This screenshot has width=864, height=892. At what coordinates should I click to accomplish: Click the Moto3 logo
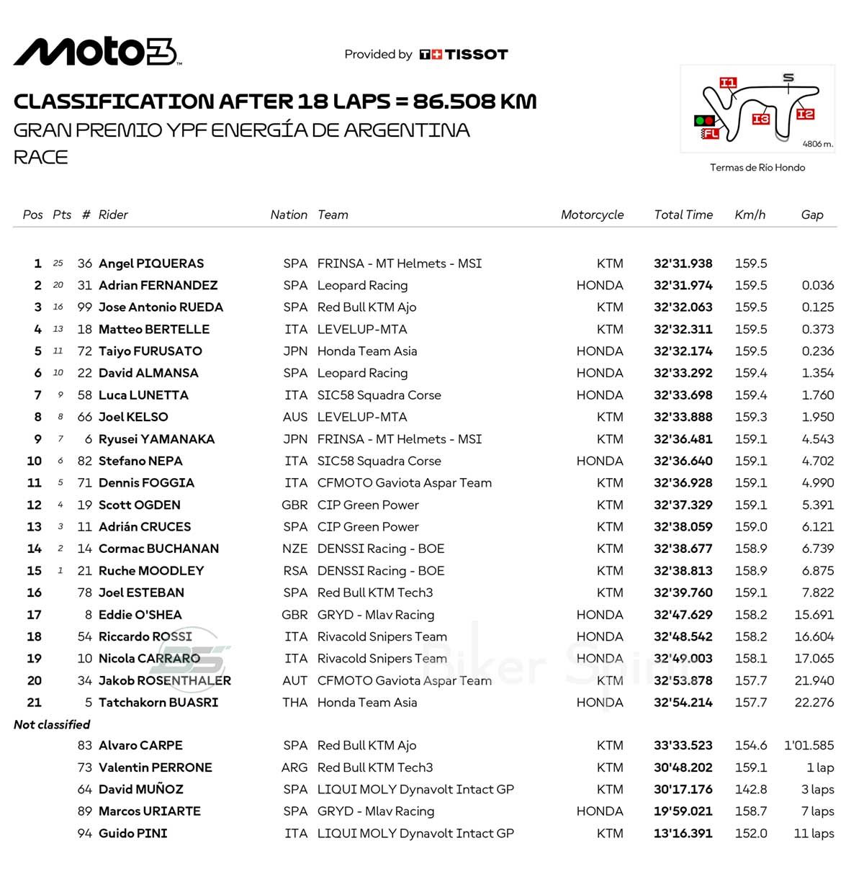point(96,52)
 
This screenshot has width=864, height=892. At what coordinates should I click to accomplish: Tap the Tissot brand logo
point(464,55)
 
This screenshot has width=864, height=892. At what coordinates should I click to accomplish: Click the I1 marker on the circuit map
point(728,83)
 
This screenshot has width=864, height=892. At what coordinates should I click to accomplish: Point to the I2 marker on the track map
point(805,114)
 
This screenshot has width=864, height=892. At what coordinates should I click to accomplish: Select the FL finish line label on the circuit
point(711,133)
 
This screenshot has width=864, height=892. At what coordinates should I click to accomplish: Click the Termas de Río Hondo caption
point(757,168)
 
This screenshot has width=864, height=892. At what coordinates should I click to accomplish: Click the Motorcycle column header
point(592,215)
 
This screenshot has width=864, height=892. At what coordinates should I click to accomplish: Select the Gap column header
point(811,215)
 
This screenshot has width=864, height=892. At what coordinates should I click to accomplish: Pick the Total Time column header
point(683,215)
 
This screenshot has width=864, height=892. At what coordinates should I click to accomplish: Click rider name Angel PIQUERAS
point(151,263)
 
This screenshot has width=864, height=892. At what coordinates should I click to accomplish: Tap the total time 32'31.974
point(683,285)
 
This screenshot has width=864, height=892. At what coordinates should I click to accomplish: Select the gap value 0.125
point(817,307)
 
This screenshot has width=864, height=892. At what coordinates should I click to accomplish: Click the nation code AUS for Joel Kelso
point(295,417)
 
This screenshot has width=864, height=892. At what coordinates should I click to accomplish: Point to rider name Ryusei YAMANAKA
point(156,439)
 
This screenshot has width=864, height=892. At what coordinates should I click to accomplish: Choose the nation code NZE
point(294,549)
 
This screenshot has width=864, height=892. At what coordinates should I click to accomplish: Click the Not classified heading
point(52,724)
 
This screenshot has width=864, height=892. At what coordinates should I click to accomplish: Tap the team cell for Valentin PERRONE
point(375,767)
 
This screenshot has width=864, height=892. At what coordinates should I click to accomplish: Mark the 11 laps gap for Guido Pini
point(814,833)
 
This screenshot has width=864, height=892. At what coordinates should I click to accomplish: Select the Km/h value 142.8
point(751,789)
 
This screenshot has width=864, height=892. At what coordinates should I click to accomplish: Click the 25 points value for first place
point(58,263)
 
